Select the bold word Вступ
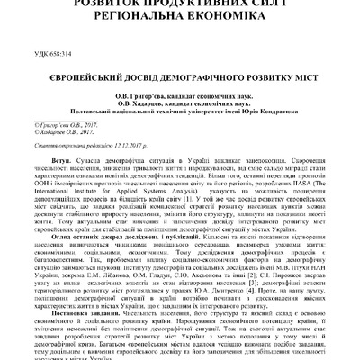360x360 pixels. (63, 159)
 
